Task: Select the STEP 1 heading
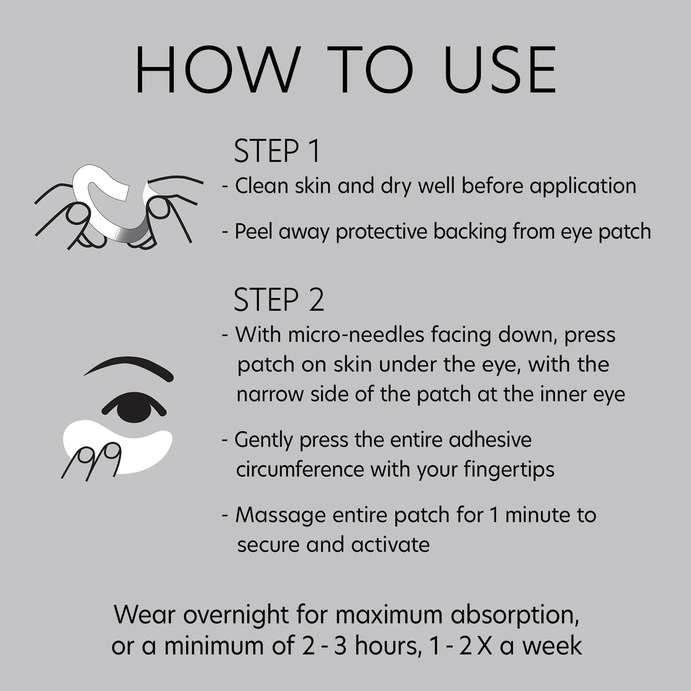(x=277, y=151)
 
